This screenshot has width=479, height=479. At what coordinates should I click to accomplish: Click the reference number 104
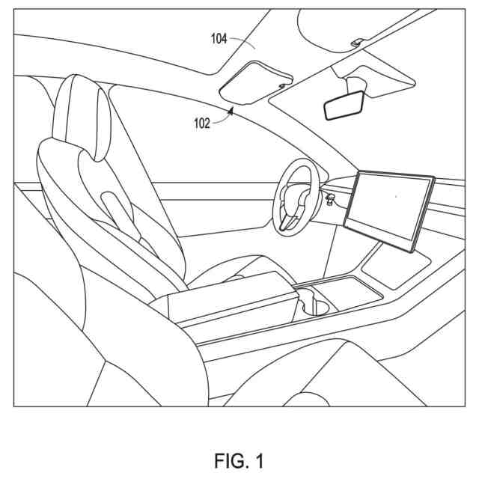coord(219,39)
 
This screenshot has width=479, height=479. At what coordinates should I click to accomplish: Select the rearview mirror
coord(344,106)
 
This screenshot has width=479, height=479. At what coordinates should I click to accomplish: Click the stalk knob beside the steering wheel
coord(329,197)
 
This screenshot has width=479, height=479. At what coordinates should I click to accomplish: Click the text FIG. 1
coord(239,459)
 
